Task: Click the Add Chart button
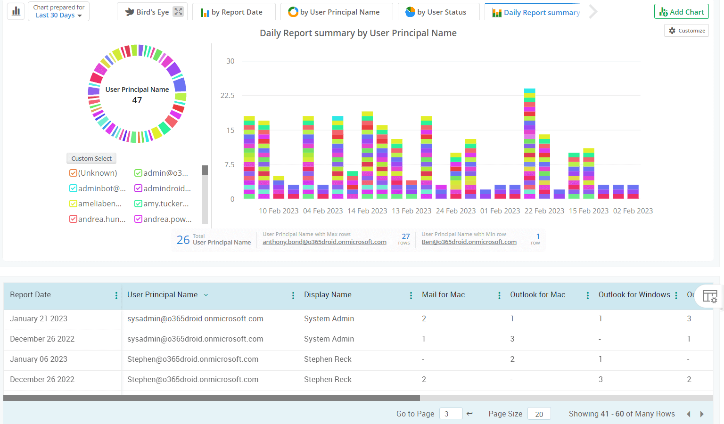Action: (681, 12)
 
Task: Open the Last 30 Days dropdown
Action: (58, 15)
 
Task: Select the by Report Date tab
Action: (231, 12)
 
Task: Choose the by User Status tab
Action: (436, 12)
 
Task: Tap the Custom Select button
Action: (91, 158)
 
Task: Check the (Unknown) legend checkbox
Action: (73, 173)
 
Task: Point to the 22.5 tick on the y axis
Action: (227, 96)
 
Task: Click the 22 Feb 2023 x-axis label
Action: (544, 211)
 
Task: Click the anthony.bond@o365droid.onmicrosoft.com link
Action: (324, 242)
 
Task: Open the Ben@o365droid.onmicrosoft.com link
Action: (469, 242)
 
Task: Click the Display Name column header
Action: (328, 294)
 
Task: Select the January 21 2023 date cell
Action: (39, 318)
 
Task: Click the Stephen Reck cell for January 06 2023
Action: (328, 359)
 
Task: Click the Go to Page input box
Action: (450, 414)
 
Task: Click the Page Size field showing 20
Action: (539, 414)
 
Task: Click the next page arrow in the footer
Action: (702, 414)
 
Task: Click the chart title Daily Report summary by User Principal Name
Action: (358, 33)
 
